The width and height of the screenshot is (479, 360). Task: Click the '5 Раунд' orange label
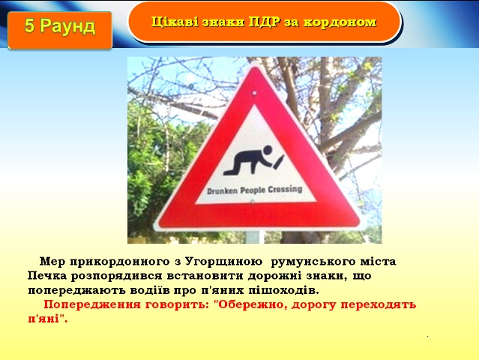[x=60, y=30]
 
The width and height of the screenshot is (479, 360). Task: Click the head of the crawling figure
[x=268, y=150]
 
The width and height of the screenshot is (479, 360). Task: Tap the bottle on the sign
[x=279, y=161]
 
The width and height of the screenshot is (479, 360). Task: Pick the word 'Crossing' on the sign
[x=285, y=190]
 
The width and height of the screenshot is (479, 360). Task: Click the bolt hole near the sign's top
[x=254, y=93]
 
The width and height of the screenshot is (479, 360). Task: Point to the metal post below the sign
[x=254, y=237]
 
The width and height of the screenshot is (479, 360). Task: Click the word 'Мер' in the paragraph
[x=52, y=262]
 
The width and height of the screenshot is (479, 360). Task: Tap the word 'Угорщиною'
[x=224, y=262]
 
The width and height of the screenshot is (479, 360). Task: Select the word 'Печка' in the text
[x=46, y=276]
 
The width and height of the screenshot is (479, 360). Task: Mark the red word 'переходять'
[x=379, y=305]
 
